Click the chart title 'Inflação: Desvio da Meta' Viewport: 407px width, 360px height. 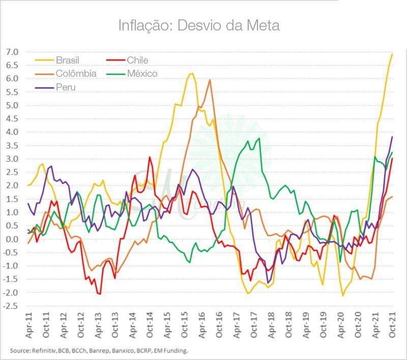click(x=199, y=25)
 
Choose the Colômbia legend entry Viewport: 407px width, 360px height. click(x=76, y=74)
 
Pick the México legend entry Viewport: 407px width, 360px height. click(x=142, y=74)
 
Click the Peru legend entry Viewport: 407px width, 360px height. click(x=65, y=87)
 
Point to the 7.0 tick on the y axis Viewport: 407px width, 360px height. click(x=12, y=52)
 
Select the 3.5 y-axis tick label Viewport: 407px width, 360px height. click(x=12, y=145)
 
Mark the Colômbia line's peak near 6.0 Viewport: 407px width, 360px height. click(x=210, y=80)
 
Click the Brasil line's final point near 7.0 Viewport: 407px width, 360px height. click(x=392, y=54)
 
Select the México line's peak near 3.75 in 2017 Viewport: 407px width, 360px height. click(x=259, y=138)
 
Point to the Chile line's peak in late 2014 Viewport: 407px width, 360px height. click(x=150, y=157)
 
